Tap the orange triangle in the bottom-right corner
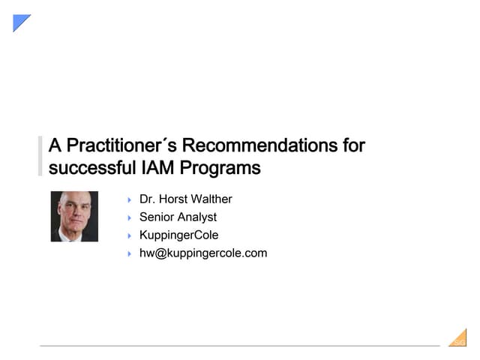[x=460, y=340]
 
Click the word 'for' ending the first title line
[x=353, y=145]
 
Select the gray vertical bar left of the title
[x=40, y=156]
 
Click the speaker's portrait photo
[x=74, y=217]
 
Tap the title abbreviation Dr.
[x=148, y=199]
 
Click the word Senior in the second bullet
[x=157, y=217]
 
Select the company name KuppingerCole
[x=178, y=235]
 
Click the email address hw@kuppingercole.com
[x=202, y=253]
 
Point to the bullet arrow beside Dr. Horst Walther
[x=129, y=200]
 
